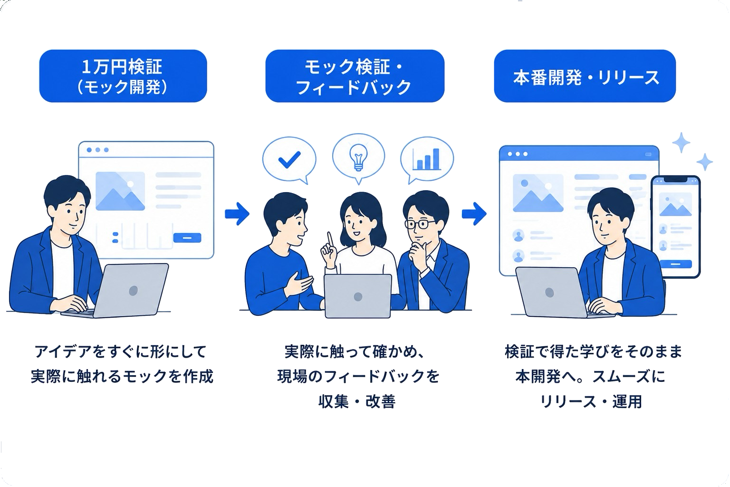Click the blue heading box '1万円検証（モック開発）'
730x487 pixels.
pos(123,76)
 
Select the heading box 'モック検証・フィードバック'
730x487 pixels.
pos(355,76)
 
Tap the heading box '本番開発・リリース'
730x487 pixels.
pos(585,76)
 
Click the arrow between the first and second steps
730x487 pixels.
pos(237,214)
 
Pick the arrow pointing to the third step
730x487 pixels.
pos(474,214)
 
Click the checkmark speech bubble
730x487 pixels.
pos(289,160)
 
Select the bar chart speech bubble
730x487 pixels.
pos(427,160)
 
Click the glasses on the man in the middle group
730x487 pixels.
pos(420,224)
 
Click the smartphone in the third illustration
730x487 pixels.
pos(675,227)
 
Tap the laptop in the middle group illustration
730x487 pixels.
pos(358,296)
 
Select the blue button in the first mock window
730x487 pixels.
pos(187,238)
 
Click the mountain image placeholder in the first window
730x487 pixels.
pos(120,191)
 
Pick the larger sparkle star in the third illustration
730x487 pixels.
pos(681,143)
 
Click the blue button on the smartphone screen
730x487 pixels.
pos(675,264)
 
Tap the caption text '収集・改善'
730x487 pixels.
pos(357,401)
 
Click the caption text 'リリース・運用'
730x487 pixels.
pos(591,401)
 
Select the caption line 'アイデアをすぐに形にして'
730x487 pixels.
pos(121,351)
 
